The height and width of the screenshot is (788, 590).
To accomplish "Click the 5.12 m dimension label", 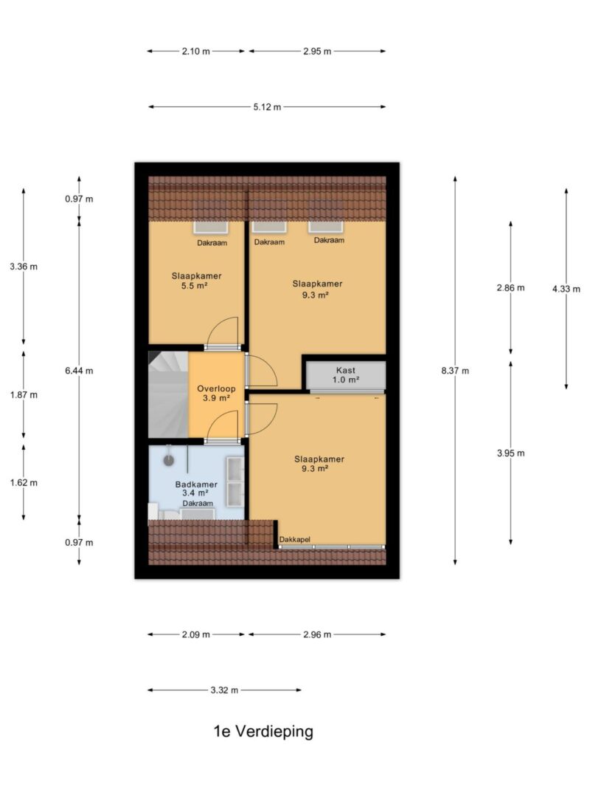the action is point(267,107).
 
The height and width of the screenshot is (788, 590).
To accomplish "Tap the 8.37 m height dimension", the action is point(455,371).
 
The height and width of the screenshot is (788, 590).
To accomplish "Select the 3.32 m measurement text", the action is point(224,691).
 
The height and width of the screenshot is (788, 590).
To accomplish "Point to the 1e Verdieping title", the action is point(263,731).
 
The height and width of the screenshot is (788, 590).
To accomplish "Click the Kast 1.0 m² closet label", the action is point(346,375).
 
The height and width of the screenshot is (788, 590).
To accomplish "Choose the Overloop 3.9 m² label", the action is point(216,393).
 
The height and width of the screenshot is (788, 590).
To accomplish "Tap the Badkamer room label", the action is point(196,484).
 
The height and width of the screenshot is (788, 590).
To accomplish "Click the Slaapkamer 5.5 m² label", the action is point(196,281).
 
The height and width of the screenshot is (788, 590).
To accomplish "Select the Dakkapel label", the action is point(294,540).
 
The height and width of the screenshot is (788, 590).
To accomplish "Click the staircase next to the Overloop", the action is point(168,394).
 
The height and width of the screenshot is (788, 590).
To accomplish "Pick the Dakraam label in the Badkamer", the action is point(198,504).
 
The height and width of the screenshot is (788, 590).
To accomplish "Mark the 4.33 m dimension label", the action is point(566,289).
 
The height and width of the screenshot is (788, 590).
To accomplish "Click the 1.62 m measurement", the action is point(24,483).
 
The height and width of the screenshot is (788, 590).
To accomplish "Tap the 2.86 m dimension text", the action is point(511,288).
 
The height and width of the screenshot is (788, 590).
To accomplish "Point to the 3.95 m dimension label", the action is point(511,453).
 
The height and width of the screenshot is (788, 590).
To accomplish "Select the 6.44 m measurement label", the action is point(79,371).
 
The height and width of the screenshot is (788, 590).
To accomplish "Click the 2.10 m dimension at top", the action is point(195,51).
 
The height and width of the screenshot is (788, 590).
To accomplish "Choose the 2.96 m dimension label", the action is point(317,634).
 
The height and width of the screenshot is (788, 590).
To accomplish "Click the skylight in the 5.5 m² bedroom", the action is point(211,227).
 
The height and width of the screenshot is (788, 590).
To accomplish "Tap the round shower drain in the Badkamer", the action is point(169,460).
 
